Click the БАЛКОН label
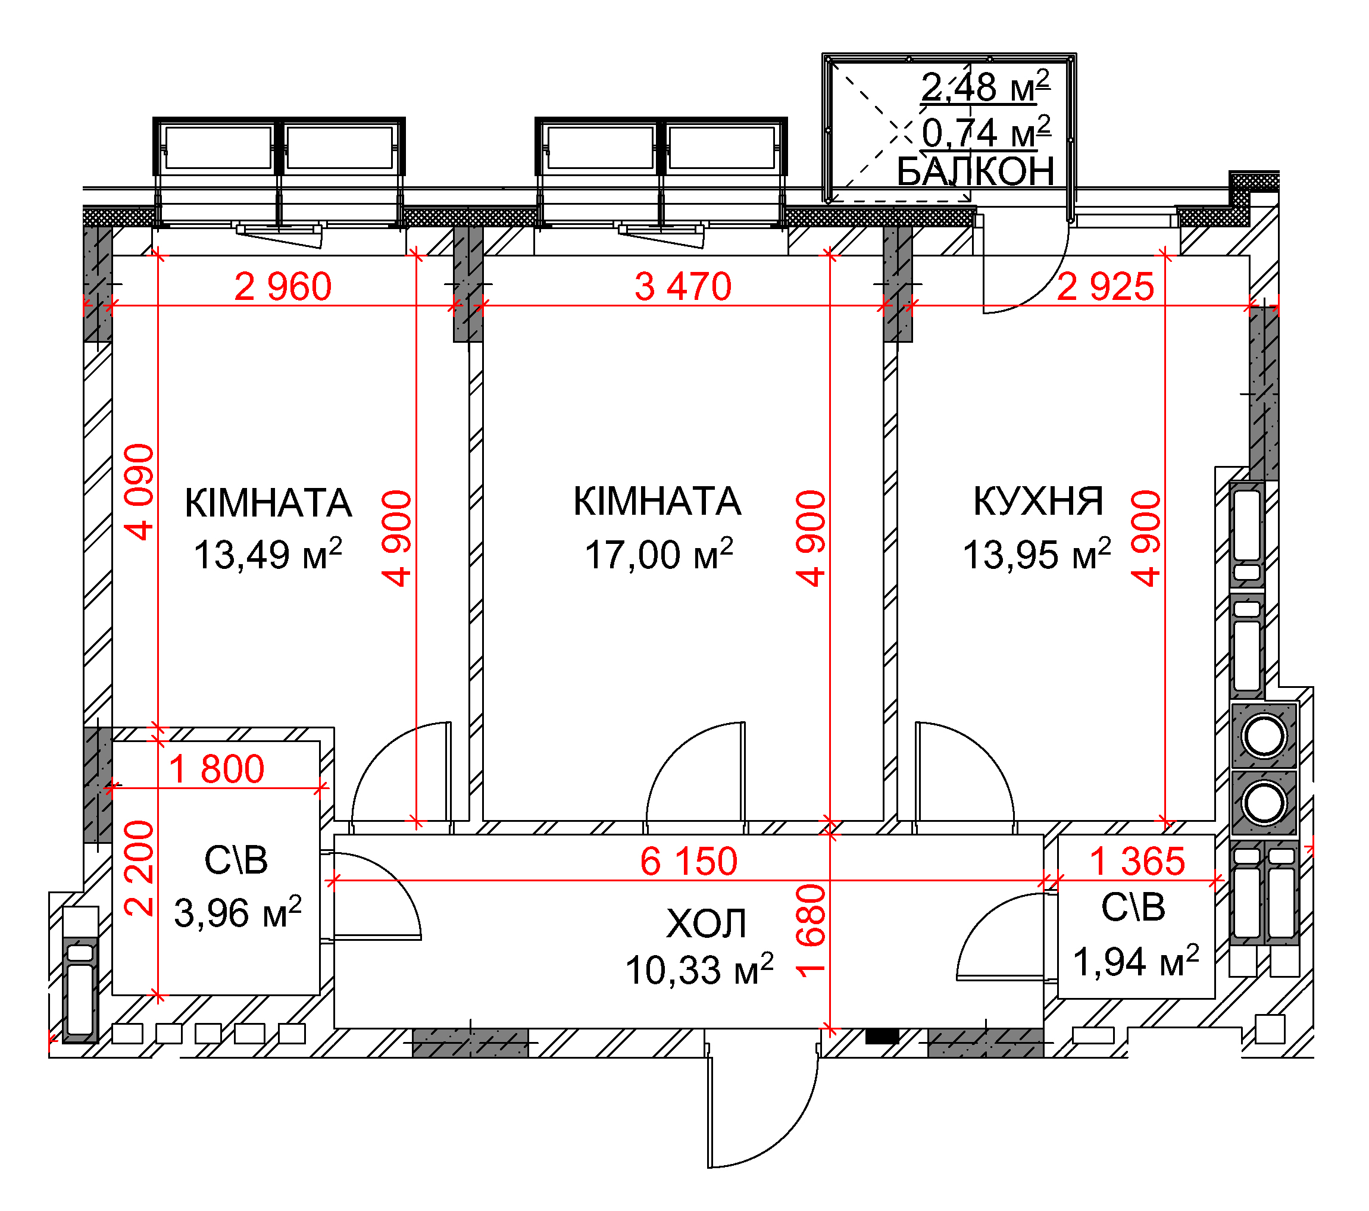pyautogui.click(x=975, y=171)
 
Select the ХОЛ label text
pyautogui.click(x=706, y=924)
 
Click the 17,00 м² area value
pyautogui.click(x=659, y=554)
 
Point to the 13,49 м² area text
pyautogui.click(x=268, y=554)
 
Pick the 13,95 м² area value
pyautogui.click(x=1037, y=554)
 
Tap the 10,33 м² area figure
pyautogui.click(x=699, y=969)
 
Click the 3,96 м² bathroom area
pyautogui.click(x=237, y=912)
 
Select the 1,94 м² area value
pyautogui.click(x=1136, y=961)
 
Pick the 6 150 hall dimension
pyautogui.click(x=689, y=860)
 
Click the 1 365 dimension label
pyautogui.click(x=1137, y=860)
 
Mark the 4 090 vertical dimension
pyautogui.click(x=139, y=492)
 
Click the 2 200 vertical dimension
pyautogui.click(x=139, y=868)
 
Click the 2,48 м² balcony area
pyautogui.click(x=984, y=87)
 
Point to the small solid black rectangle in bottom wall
pyautogui.click(x=882, y=1036)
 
